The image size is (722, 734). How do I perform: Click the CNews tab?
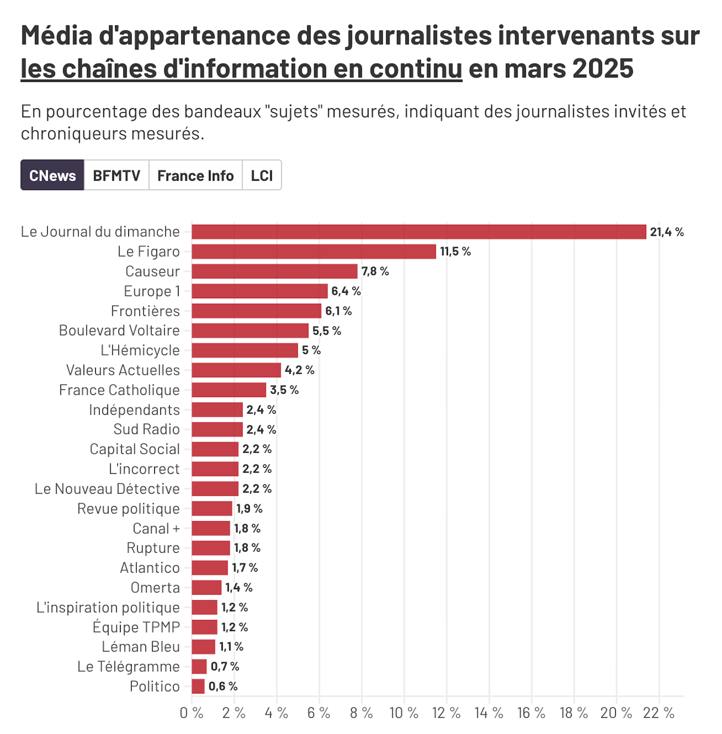pyautogui.click(x=52, y=175)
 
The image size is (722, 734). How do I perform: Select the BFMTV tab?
pyautogui.click(x=117, y=175)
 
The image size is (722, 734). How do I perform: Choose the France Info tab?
pyautogui.click(x=195, y=175)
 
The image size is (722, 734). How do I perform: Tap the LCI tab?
pyautogui.click(x=262, y=175)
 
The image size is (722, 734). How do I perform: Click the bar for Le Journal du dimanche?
pyautogui.click(x=419, y=232)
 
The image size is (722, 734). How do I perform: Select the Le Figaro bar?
pyautogui.click(x=314, y=251)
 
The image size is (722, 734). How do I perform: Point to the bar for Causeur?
pyautogui.click(x=274, y=271)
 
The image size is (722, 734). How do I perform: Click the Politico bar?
pyautogui.click(x=198, y=686)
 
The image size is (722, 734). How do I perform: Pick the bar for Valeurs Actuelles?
pyautogui.click(x=236, y=370)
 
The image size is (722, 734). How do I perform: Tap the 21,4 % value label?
pyautogui.click(x=667, y=232)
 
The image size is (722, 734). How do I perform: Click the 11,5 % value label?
pyautogui.click(x=455, y=251)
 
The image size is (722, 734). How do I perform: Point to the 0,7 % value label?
pyautogui.click(x=225, y=666)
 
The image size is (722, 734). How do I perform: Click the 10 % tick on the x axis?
pyautogui.click(x=404, y=713)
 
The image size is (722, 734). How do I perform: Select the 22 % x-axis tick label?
pyautogui.click(x=659, y=713)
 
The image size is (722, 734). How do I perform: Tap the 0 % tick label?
pyautogui.click(x=191, y=713)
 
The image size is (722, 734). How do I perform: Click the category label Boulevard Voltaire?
pyautogui.click(x=119, y=330)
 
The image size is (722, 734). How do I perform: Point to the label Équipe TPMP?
pyautogui.click(x=136, y=627)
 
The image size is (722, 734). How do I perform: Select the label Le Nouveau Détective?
pyautogui.click(x=107, y=489)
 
